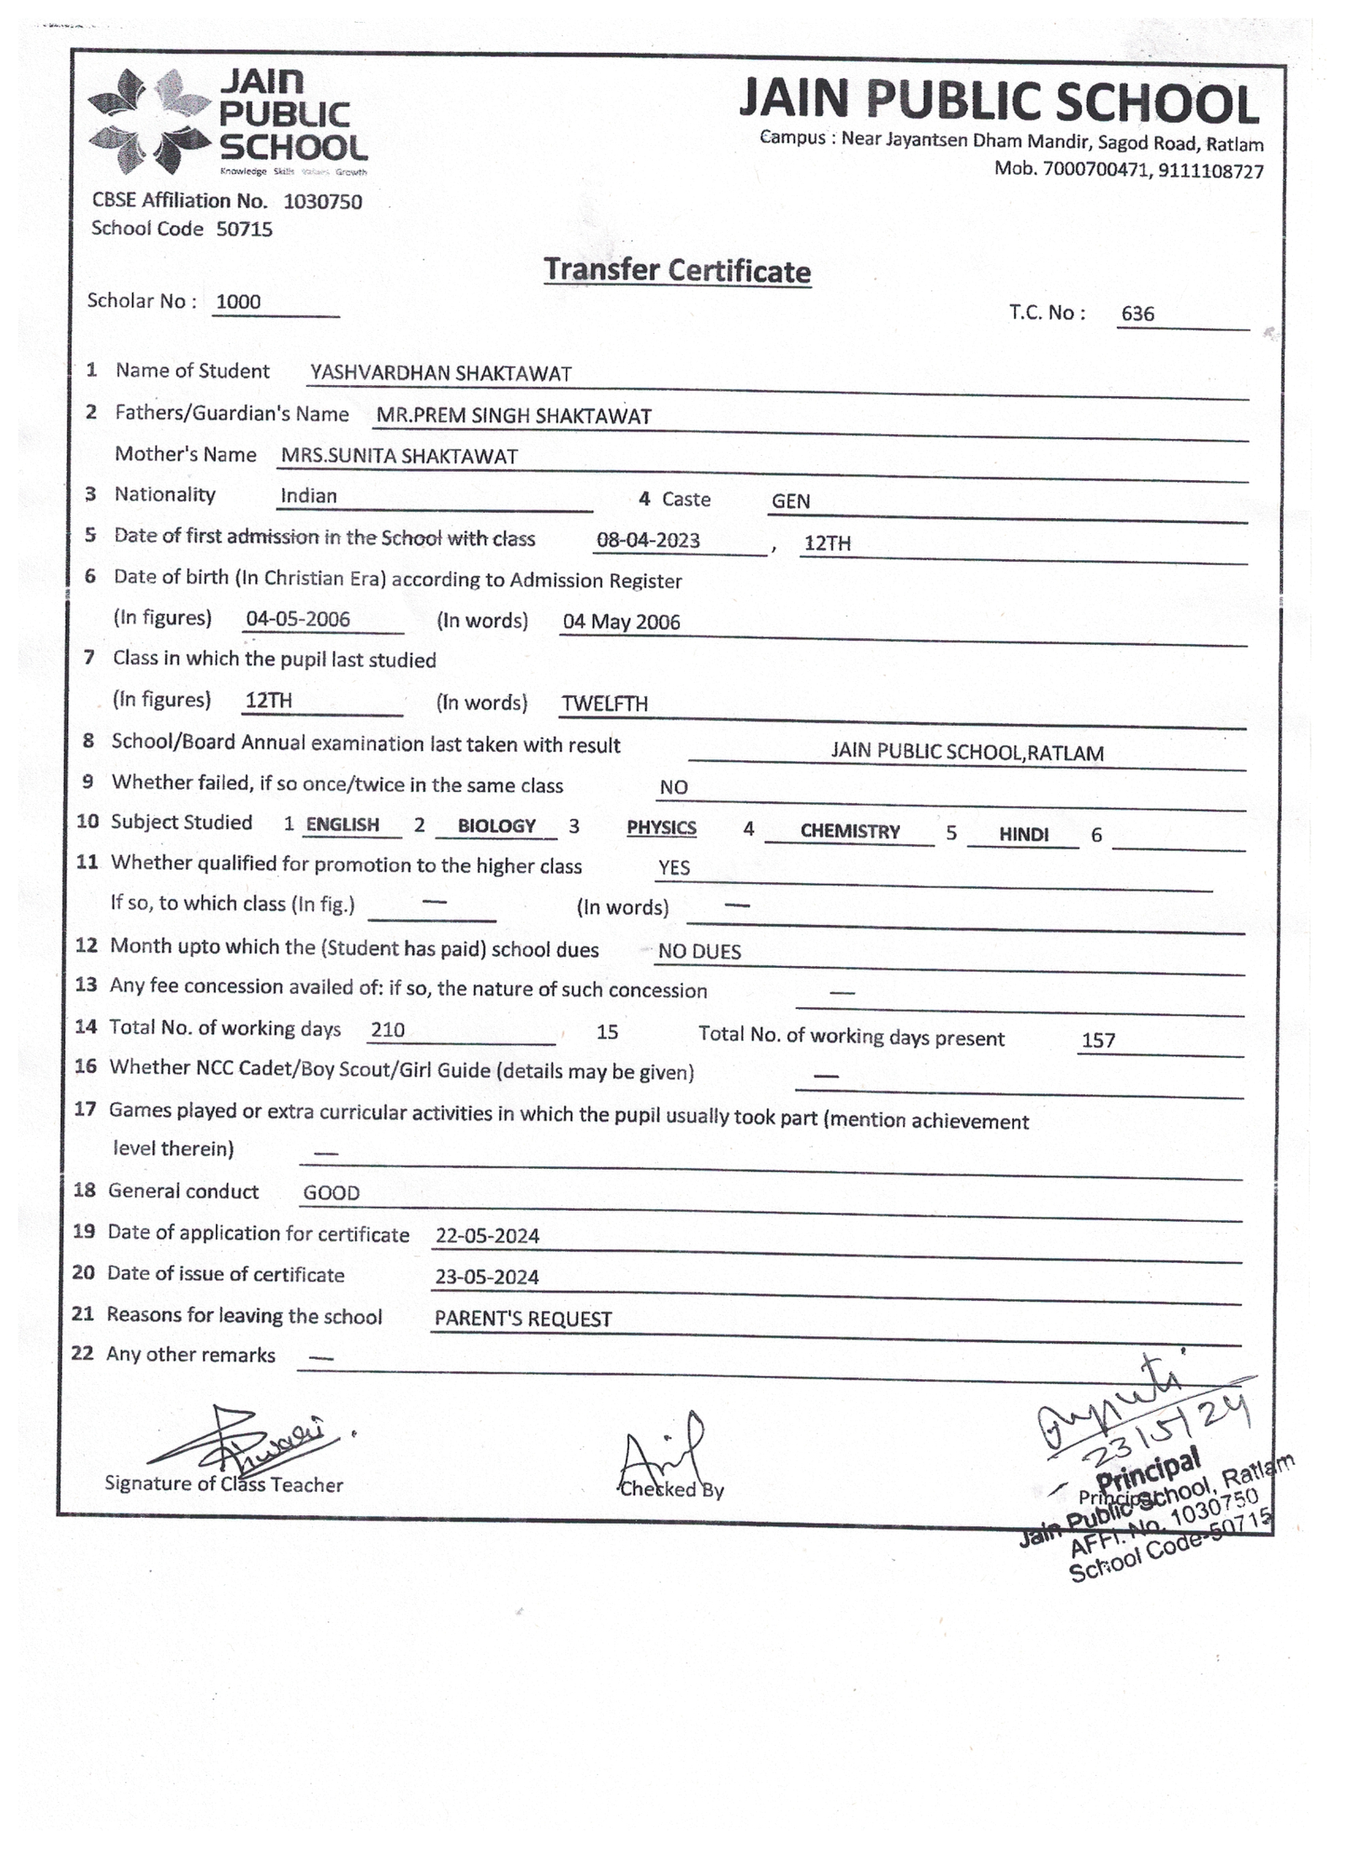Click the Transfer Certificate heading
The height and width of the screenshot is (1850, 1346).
coord(677,271)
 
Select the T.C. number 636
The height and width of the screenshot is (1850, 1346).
coord(1137,314)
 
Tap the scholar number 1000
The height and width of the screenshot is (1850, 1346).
coord(238,302)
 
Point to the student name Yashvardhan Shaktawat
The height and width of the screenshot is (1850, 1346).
coord(441,373)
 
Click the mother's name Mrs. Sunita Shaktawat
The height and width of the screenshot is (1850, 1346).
coord(399,457)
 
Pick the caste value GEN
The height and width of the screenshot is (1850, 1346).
coord(791,501)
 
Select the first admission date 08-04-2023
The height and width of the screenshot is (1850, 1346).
coord(648,540)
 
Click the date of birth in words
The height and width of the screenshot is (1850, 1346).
coord(621,621)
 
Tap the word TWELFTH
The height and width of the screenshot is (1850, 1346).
coord(604,704)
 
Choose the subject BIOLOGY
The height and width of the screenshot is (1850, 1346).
coord(496,826)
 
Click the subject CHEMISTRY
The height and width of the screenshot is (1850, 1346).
coord(850,831)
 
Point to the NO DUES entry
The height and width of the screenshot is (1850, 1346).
coord(699,951)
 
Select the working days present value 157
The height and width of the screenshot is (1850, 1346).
coord(1098,1040)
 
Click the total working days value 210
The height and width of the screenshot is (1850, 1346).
coord(388,1029)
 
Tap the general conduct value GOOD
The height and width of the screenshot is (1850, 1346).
coord(331,1192)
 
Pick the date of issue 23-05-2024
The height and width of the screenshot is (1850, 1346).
coord(486,1276)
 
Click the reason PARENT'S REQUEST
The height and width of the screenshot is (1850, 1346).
coord(522,1319)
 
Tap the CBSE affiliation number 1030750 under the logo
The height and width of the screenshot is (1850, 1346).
coord(322,202)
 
